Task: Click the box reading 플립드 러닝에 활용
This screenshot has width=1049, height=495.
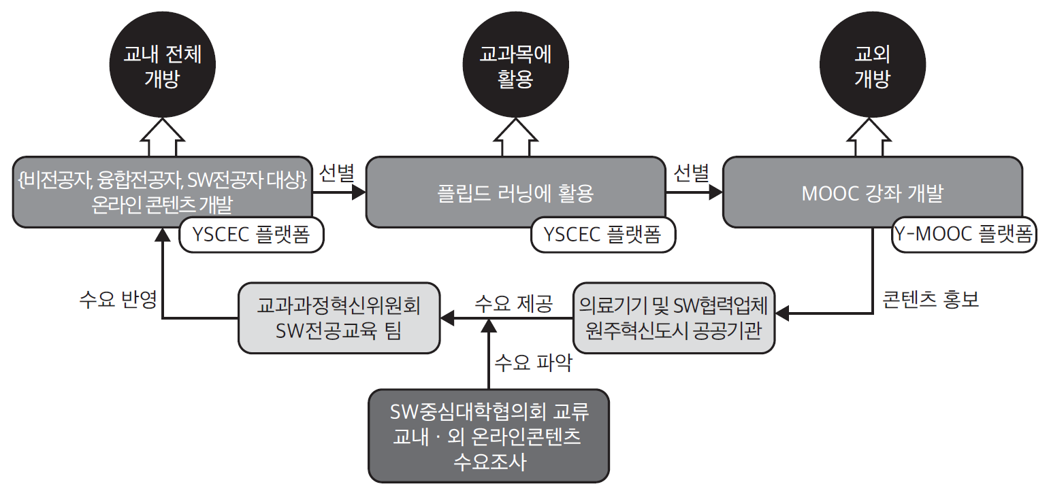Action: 515,192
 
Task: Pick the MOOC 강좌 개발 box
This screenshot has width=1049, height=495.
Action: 872,192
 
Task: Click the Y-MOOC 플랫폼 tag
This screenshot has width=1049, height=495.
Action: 963,235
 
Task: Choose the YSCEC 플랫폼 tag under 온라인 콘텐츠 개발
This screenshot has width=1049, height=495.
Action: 251,235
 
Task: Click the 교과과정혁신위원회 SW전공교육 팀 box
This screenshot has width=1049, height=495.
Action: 339,318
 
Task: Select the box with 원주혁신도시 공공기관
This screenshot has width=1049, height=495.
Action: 673,318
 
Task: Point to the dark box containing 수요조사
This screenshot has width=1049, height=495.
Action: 489,435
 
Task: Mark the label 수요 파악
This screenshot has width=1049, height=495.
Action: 533,362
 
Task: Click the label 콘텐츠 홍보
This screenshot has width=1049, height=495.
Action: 931,300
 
